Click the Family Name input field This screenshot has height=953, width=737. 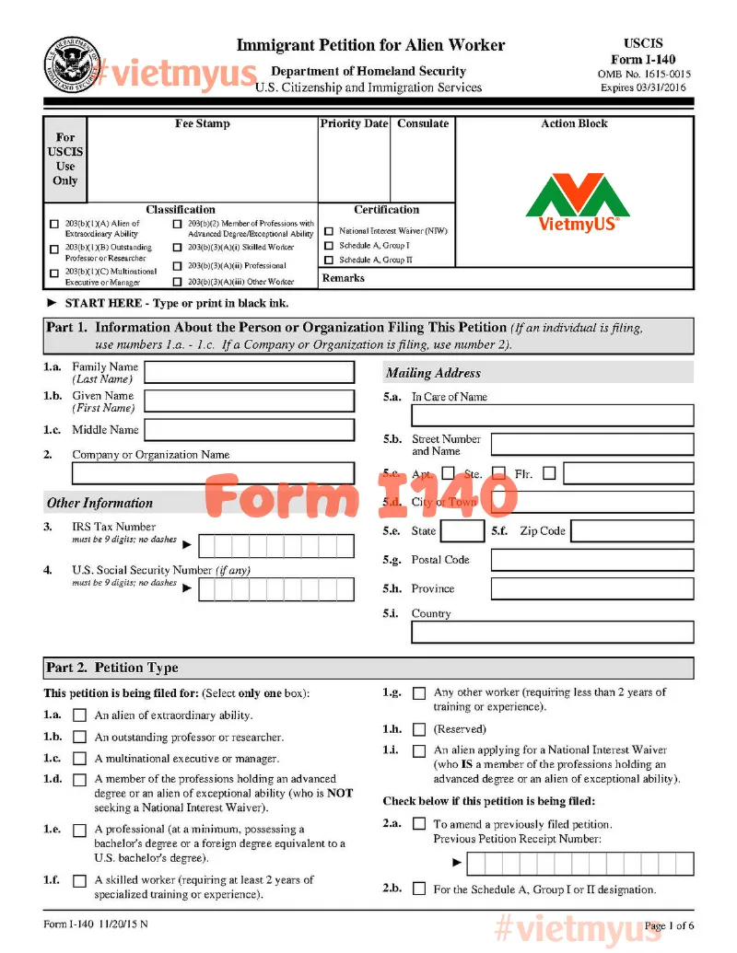[249, 372]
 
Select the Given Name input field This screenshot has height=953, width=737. [249, 401]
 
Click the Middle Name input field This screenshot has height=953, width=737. [249, 430]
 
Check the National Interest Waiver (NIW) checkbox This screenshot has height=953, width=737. [329, 231]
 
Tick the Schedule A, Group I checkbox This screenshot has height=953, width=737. [329, 246]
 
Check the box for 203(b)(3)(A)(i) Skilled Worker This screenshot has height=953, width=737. [178, 248]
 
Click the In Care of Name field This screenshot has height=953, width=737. [552, 415]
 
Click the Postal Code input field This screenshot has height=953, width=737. [591, 560]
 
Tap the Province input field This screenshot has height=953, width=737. [591, 589]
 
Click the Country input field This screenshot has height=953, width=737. [552, 633]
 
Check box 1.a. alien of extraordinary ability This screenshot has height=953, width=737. [80, 715]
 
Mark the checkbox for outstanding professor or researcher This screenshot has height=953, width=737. [80, 738]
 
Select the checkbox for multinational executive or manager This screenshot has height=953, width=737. [80, 759]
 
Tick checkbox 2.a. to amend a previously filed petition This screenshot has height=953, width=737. [419, 824]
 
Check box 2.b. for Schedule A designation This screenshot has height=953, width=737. [419, 889]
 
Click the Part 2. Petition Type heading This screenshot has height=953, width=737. [111, 668]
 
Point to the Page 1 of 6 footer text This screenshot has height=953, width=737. [669, 925]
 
